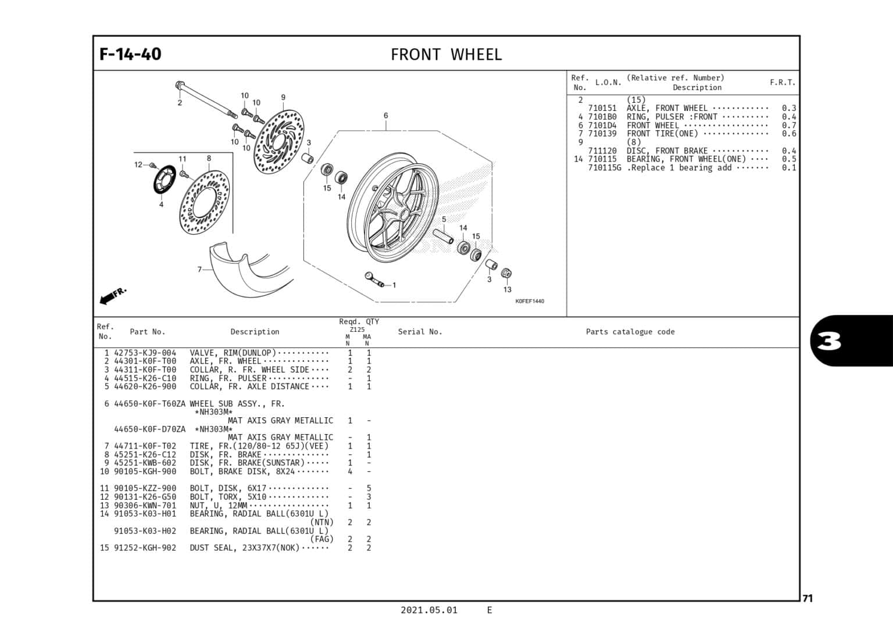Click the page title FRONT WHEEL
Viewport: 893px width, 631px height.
446,55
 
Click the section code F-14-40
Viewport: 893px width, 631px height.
130,54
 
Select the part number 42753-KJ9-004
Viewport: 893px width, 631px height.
145,353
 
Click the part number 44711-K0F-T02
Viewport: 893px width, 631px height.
145,446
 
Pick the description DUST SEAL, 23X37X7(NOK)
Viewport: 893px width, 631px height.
244,548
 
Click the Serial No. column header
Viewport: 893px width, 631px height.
420,332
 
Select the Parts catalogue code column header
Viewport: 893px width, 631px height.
630,332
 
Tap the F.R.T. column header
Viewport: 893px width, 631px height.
783,83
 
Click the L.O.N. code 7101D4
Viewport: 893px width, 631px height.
602,125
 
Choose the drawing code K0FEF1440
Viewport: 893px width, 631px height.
530,301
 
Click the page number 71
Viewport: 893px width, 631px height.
808,598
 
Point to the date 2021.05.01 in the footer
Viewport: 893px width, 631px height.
428,610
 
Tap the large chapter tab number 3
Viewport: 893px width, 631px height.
829,342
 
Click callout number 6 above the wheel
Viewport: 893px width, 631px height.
385,116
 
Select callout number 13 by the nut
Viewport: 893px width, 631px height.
507,289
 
